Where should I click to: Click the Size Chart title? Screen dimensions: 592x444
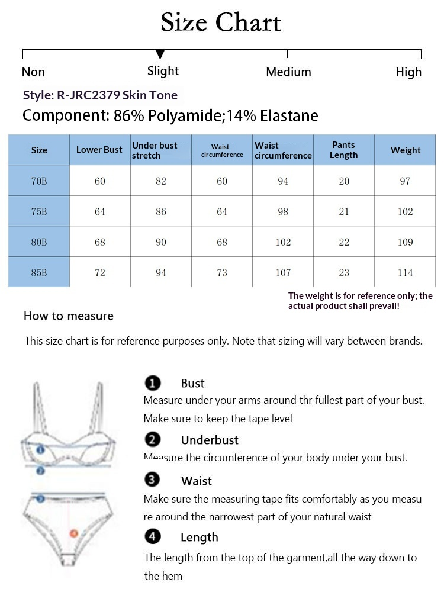(221, 23)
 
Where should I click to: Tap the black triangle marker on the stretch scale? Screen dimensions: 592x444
(160, 54)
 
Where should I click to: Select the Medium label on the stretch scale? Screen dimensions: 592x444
(288, 72)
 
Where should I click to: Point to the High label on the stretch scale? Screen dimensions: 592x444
(408, 72)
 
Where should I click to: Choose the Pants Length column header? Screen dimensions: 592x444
(344, 150)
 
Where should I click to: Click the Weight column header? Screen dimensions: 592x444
(406, 150)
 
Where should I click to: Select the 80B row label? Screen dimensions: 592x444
(39, 242)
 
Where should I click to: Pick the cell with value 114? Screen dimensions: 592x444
(406, 273)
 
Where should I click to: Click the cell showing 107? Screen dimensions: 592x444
(283, 273)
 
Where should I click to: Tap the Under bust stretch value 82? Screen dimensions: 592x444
(161, 181)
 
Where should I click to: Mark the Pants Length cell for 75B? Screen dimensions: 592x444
(344, 211)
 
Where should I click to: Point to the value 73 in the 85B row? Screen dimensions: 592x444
(222, 273)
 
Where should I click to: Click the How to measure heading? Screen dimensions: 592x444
(69, 316)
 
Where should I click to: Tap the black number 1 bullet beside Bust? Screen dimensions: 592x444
(153, 384)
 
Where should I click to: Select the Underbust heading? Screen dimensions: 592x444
(210, 440)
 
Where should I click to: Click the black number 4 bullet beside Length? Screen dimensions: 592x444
(153, 537)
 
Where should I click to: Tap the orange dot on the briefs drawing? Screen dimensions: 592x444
(74, 533)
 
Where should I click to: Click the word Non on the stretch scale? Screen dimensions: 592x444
(33, 72)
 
